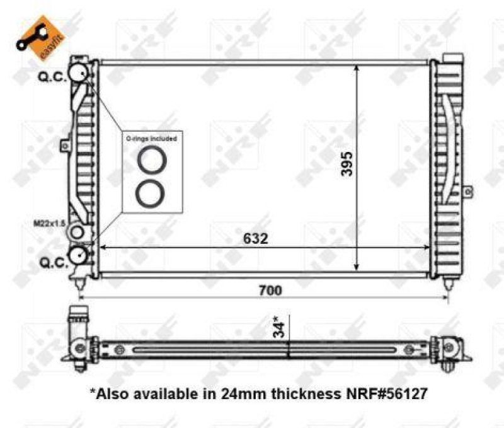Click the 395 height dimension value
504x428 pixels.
pyautogui.click(x=347, y=164)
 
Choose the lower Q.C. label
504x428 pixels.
pyautogui.click(x=53, y=262)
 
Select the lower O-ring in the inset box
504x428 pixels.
pyautogui.click(x=151, y=192)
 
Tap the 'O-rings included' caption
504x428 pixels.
pyautogui.click(x=151, y=137)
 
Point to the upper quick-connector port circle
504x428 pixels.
pyautogui.click(x=79, y=72)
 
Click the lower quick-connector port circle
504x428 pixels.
pyautogui.click(x=79, y=255)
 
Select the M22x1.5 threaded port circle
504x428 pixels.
pyautogui.click(x=77, y=233)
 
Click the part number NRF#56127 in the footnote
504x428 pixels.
pyautogui.click(x=386, y=395)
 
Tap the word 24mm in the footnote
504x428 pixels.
pyautogui.click(x=240, y=395)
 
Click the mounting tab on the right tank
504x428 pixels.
pyautogui.click(x=467, y=190)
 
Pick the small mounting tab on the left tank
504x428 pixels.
pyautogui.click(x=63, y=146)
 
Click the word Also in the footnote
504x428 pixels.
pyautogui.click(x=112, y=395)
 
